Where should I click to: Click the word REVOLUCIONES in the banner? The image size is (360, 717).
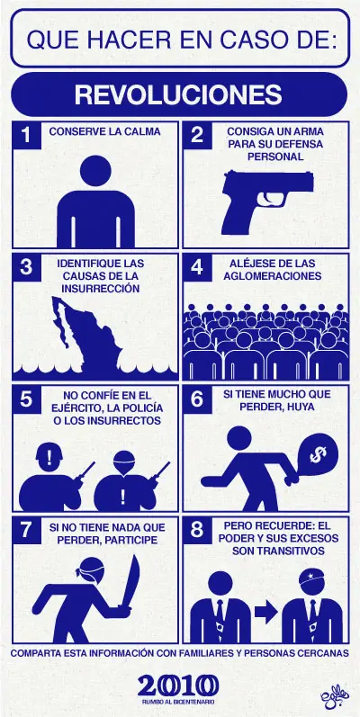(178, 95)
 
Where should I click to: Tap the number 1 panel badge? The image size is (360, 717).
(26, 135)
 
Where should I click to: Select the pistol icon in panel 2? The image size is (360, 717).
(267, 202)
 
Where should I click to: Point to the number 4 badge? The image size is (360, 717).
(197, 267)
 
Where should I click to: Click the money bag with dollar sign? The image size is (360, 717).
(317, 456)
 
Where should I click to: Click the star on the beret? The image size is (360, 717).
(308, 574)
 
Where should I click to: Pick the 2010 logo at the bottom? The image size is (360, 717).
(178, 686)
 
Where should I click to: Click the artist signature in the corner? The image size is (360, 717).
(335, 699)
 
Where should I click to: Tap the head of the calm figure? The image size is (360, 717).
(95, 171)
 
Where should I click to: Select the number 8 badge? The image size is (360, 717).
(197, 531)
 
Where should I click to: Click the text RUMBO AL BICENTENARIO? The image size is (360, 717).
(178, 702)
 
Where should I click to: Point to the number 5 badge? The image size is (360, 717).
(26, 399)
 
